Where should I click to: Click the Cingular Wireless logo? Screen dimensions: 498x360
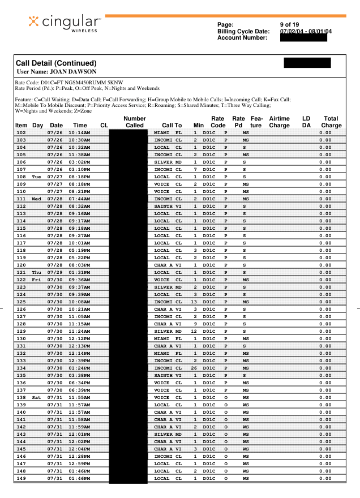(x=65, y=23)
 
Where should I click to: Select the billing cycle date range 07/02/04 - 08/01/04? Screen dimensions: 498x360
(x=306, y=31)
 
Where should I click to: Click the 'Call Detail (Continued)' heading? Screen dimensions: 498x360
(x=55, y=63)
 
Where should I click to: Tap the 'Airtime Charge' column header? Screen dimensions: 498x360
(x=279, y=122)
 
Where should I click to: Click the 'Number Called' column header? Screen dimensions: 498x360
(x=135, y=122)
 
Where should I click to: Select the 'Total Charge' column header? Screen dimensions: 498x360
(x=331, y=122)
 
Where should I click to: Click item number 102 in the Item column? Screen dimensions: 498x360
(x=22, y=132)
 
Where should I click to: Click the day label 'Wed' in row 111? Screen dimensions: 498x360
(x=37, y=199)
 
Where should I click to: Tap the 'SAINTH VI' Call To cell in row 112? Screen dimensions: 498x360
(x=168, y=206)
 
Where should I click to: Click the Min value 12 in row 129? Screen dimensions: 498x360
(x=194, y=331)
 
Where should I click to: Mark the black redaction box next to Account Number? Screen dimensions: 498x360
(x=303, y=38)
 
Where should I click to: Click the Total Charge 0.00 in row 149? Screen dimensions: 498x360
(x=325, y=478)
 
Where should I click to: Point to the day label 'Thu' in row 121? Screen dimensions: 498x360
(x=37, y=272)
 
